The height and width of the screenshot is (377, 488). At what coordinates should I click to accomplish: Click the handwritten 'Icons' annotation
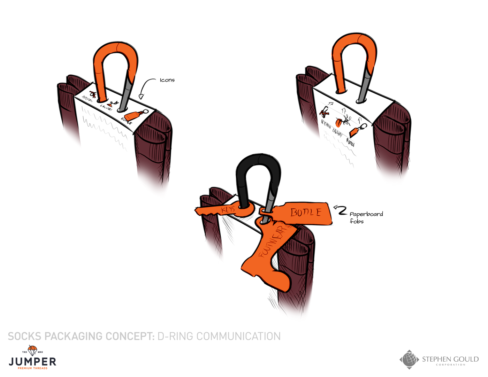tap(167, 80)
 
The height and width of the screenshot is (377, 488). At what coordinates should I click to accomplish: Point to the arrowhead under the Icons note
tap(141, 96)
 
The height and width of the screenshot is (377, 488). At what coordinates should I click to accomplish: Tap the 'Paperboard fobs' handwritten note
tap(366, 217)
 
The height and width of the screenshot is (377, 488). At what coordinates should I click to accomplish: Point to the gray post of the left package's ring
tap(127, 94)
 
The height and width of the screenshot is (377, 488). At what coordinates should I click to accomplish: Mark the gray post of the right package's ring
tap(364, 85)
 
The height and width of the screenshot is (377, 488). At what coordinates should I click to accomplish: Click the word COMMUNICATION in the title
tap(238, 336)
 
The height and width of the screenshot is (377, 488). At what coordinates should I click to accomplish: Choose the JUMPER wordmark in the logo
tap(32, 361)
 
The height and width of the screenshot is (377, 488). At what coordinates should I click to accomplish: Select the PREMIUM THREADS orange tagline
tap(32, 368)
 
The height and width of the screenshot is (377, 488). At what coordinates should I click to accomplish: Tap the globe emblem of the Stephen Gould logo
tap(409, 359)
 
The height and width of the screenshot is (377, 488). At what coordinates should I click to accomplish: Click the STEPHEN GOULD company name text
tap(450, 359)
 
